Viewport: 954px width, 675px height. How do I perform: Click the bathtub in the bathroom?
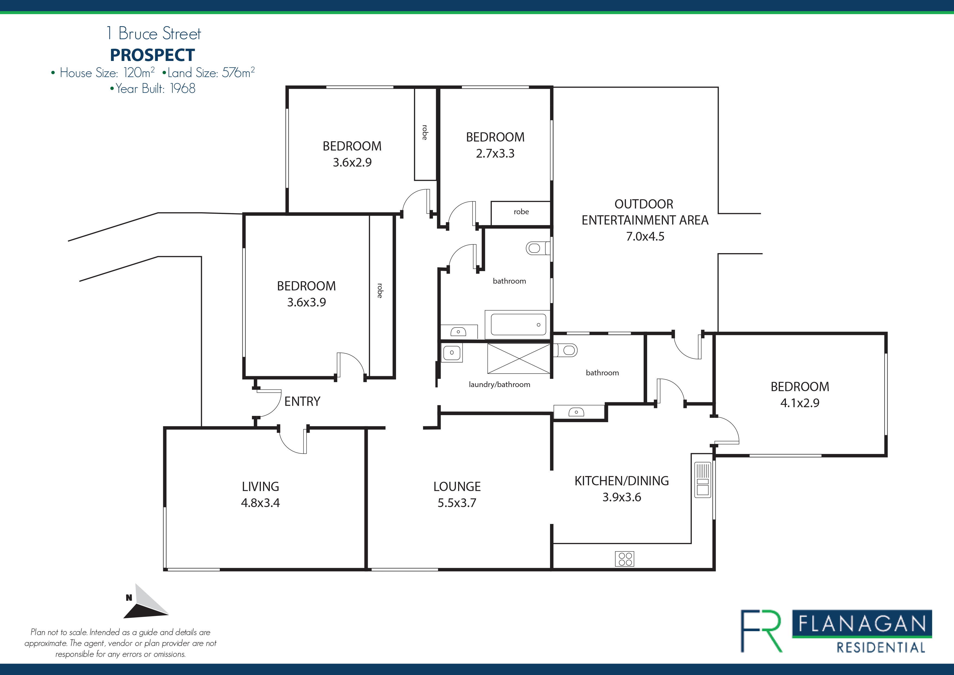click(517, 324)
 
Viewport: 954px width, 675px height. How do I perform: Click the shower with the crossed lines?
click(519, 358)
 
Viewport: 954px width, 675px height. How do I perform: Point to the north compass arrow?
click(146, 602)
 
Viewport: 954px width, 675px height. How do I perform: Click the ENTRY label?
click(302, 401)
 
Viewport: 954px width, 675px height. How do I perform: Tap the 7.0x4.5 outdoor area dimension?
click(645, 237)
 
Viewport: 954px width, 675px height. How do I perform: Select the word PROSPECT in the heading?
click(153, 55)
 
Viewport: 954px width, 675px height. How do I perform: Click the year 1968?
click(183, 88)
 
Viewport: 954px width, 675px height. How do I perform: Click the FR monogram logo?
click(761, 631)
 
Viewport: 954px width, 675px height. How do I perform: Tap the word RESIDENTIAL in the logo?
click(881, 648)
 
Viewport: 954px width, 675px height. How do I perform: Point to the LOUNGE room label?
click(457, 487)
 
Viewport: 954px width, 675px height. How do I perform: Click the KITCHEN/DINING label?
click(622, 481)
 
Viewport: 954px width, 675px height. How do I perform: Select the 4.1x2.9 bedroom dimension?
click(800, 403)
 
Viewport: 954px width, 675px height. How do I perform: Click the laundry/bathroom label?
click(499, 385)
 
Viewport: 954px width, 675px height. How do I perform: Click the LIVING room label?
click(261, 487)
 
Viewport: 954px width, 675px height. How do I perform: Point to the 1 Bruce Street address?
click(154, 33)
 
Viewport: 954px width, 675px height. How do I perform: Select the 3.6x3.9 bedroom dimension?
click(307, 302)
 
